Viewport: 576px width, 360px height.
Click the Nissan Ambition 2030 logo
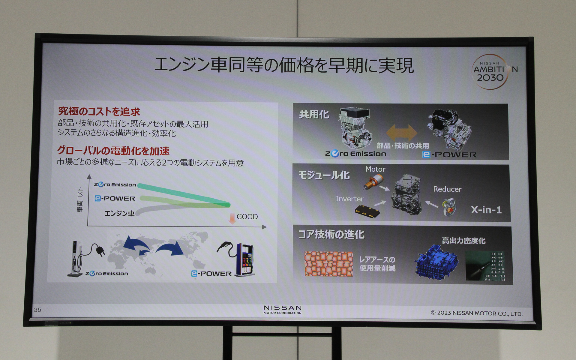tap(492, 71)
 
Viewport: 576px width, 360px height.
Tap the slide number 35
tap(37, 310)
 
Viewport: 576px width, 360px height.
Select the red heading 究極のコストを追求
tap(99, 112)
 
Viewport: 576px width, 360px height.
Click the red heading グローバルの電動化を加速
tap(113, 151)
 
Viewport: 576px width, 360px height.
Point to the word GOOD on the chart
tap(247, 217)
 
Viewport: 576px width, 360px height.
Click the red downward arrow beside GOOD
tap(232, 219)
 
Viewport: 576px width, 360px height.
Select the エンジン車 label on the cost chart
tap(119, 213)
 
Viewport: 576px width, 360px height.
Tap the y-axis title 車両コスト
tap(80, 200)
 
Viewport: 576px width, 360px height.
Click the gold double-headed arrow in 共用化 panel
tap(401, 132)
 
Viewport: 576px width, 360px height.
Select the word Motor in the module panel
tap(375, 169)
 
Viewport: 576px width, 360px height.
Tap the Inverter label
tap(349, 199)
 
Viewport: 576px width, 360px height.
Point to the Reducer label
tap(447, 189)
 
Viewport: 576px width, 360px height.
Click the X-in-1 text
tap(486, 210)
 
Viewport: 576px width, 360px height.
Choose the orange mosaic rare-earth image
tap(328, 264)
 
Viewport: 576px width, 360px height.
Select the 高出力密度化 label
tap(463, 241)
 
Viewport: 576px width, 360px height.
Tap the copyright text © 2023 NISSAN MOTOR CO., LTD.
tap(477, 313)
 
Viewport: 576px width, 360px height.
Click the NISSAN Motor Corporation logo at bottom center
tap(282, 310)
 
